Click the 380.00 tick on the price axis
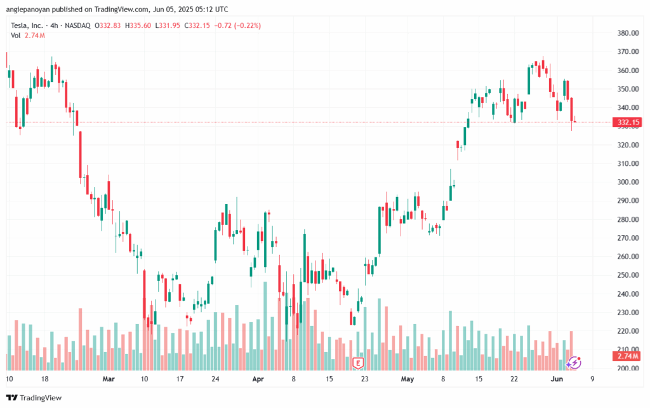[627, 33]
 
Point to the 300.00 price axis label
[627, 182]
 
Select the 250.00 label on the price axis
[627, 275]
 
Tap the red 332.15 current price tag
[627, 122]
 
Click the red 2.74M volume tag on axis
[627, 357]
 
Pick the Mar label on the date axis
[109, 379]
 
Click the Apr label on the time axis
[257, 379]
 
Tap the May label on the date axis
[408, 379]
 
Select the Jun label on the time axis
[556, 379]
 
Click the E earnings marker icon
[358, 364]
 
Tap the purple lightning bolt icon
[574, 363]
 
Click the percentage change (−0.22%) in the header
[213, 25]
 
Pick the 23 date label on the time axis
[364, 379]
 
